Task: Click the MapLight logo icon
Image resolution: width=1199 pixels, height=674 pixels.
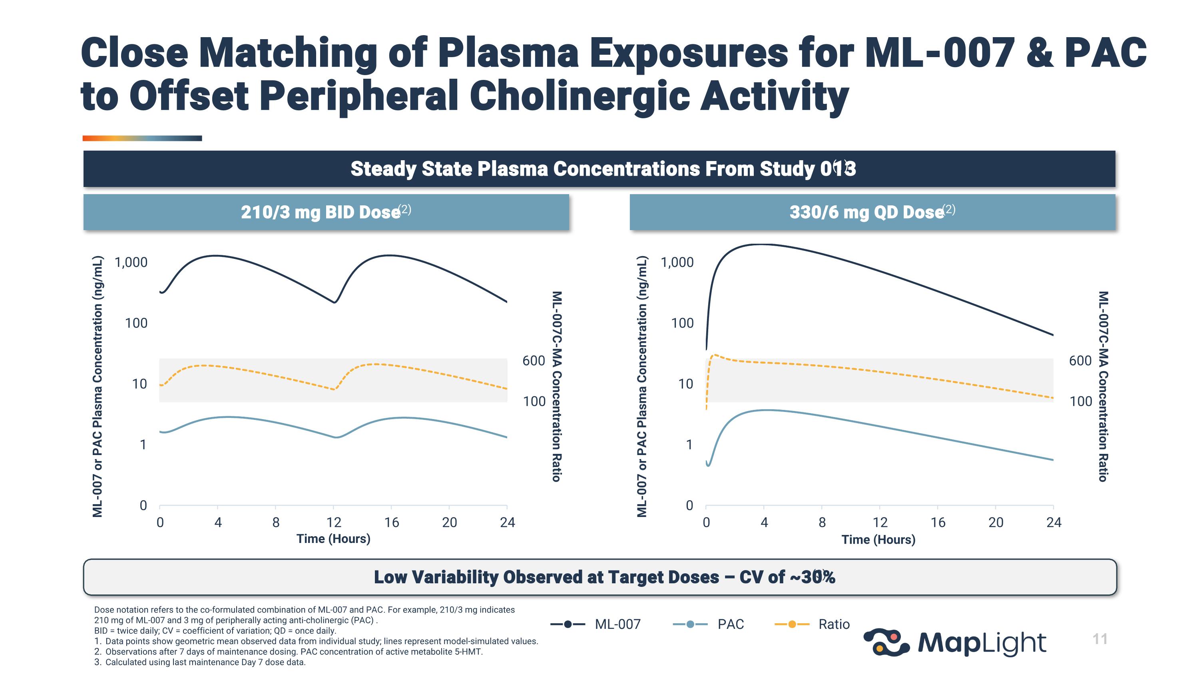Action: [886, 642]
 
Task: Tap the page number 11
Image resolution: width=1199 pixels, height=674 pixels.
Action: [1100, 639]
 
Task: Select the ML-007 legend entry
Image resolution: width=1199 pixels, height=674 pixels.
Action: [596, 624]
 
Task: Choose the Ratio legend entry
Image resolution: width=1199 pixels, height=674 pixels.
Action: [812, 624]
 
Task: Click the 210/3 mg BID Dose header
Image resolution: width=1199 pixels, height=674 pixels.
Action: [326, 212]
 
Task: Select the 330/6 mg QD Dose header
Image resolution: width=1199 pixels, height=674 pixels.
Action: [872, 212]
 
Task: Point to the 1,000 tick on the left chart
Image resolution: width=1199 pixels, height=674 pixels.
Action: [131, 262]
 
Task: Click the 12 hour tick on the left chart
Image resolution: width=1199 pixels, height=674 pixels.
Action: [334, 522]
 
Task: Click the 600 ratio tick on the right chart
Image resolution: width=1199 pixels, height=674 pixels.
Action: [1080, 360]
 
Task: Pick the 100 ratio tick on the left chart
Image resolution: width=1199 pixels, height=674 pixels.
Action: [534, 401]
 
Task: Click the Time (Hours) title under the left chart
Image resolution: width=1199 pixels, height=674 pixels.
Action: [333, 539]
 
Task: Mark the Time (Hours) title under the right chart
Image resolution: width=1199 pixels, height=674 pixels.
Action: [878, 540]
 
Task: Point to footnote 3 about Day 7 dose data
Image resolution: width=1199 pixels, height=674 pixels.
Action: [200, 662]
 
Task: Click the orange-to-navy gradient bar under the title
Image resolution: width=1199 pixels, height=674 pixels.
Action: [142, 138]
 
